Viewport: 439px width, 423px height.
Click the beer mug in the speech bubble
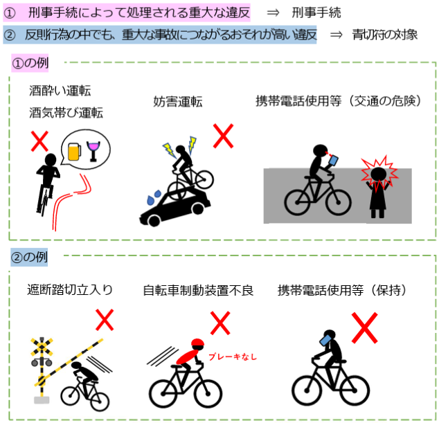click(x=75, y=152)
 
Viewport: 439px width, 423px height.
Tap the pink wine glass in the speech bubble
click(x=93, y=151)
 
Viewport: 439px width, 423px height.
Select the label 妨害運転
click(x=178, y=101)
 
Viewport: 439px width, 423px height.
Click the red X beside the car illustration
click(x=223, y=136)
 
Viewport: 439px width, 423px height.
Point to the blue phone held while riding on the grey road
click(x=333, y=161)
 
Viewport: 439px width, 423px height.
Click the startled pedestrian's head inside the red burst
click(x=379, y=174)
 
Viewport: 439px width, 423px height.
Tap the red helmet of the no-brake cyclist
click(x=197, y=343)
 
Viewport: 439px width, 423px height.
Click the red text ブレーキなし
click(x=233, y=357)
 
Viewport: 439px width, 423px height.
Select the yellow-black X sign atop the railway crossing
click(x=42, y=346)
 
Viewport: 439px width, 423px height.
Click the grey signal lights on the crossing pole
click(x=42, y=362)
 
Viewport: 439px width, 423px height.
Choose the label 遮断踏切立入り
click(x=70, y=290)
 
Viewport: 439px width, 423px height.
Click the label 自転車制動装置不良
click(x=198, y=291)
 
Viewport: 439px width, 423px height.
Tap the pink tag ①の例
click(x=30, y=63)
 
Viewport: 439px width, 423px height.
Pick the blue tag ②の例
click(x=29, y=257)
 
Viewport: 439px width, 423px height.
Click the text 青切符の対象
click(x=385, y=35)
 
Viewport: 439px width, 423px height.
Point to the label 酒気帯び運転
click(x=66, y=113)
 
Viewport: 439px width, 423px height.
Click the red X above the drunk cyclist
click(x=39, y=141)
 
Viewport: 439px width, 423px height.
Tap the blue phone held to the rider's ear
click(x=325, y=340)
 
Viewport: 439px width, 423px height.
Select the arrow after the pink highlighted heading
click(x=273, y=13)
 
